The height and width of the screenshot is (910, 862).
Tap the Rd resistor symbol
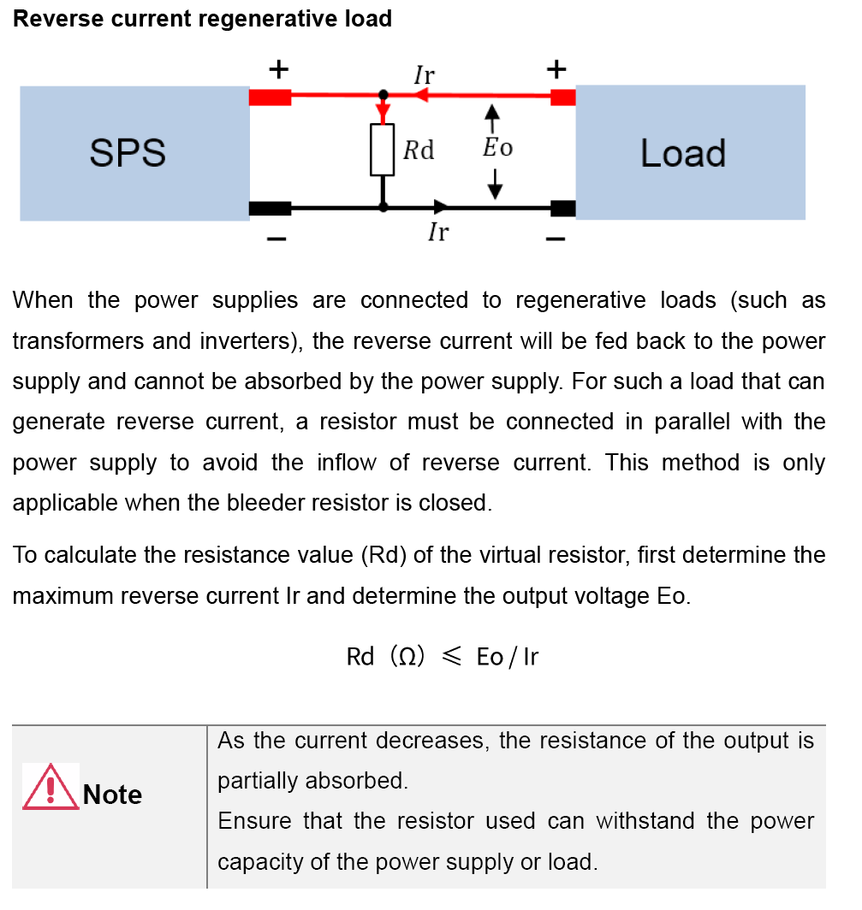383,150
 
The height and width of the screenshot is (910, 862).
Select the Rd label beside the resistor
419,151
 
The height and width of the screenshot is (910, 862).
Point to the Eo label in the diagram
497,147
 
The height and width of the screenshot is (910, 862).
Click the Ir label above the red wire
424,75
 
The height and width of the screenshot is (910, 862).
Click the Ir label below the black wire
438,231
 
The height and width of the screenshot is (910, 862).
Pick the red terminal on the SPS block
270,97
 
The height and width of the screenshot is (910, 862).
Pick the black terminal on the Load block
562,207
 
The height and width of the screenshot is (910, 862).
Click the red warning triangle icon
51,787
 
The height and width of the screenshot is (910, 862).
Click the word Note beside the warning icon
112,795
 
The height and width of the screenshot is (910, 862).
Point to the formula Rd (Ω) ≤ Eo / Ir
442,656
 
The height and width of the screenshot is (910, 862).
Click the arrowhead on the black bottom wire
441,206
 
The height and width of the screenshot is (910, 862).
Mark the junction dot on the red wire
383,95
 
